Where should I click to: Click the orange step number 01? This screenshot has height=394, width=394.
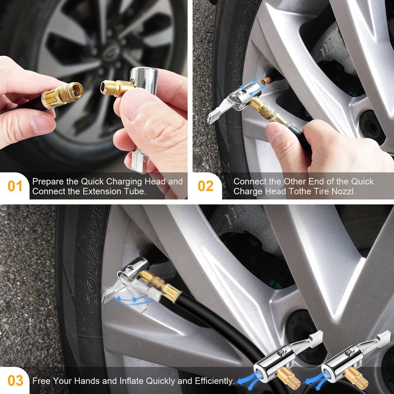pos(15,186)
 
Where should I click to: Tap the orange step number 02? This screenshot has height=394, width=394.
pos(205,186)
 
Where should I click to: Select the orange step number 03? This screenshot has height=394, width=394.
pos(15,380)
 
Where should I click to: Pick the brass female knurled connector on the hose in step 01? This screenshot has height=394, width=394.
pos(63,95)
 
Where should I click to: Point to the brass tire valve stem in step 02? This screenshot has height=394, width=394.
pos(266,81)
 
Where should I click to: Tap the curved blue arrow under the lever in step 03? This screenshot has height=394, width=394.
pos(133,300)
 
